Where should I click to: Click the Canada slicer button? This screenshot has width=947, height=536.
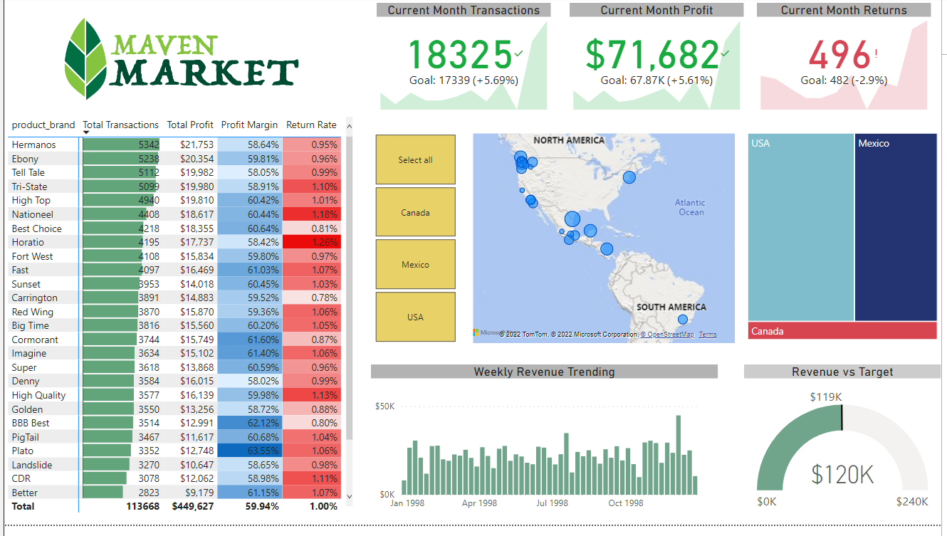415,212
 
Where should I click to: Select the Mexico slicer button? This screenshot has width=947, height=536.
415,264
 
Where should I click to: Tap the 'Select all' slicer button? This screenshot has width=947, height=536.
415,160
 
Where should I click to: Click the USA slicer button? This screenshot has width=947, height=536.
415,317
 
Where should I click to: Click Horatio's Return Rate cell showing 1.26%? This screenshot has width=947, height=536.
312,242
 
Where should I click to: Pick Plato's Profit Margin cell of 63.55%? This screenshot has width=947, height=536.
249,451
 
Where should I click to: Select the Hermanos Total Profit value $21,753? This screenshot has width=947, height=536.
190,144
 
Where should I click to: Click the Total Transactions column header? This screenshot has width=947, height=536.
120,125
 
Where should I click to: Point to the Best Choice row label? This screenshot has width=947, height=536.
37,228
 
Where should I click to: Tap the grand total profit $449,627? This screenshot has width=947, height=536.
192,506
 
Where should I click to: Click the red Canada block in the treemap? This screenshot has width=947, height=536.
842,331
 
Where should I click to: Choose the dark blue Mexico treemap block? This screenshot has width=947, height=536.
895,228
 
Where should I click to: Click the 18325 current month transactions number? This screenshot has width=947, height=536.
460,55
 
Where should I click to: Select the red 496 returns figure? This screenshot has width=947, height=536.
840,55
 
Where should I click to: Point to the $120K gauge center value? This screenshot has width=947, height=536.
842,474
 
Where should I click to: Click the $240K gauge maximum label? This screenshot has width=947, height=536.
912,502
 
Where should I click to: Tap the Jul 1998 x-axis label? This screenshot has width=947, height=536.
552,503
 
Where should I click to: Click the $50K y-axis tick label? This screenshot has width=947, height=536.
384,406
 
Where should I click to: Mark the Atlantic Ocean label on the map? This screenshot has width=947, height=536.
690,207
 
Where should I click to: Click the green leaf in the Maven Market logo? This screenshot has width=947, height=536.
85,58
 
